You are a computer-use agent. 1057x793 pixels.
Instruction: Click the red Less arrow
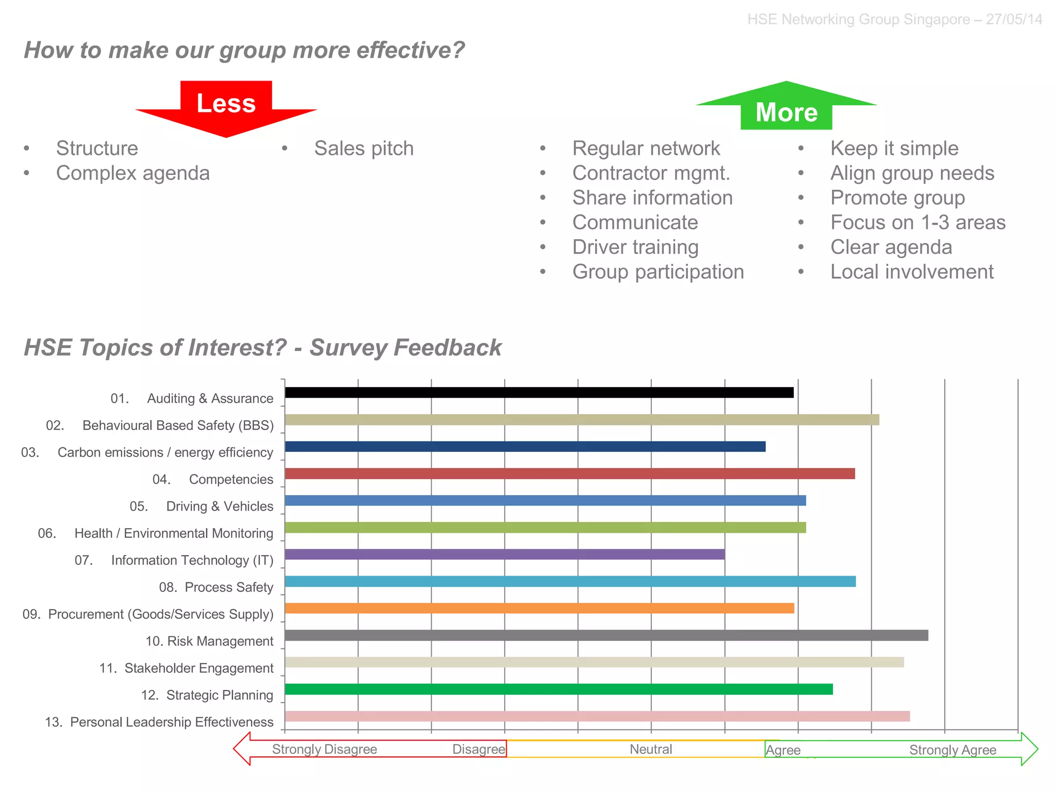coord(226,106)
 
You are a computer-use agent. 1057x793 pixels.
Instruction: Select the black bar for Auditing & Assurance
coord(539,393)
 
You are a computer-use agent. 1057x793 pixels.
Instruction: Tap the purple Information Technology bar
coord(504,554)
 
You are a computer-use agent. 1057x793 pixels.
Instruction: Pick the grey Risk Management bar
coord(606,636)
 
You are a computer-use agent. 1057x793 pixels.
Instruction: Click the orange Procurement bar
coord(539,609)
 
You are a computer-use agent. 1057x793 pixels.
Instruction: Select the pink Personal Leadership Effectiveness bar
coord(597,717)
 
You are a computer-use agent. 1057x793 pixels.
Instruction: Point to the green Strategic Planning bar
coord(558,689)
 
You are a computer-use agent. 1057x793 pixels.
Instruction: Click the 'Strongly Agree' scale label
coord(952,750)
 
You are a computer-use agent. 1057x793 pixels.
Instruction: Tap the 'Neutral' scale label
coord(650,750)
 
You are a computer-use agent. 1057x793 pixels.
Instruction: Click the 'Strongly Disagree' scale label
coord(324,750)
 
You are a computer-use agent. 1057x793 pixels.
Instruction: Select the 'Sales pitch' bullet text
coord(364,149)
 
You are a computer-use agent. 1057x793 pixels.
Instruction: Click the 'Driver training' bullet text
coord(635,247)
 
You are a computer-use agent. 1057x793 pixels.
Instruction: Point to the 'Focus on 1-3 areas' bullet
coord(918,223)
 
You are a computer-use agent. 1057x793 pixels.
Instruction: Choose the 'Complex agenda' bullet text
coord(133,173)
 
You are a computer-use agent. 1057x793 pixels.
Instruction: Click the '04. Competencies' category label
coord(213,480)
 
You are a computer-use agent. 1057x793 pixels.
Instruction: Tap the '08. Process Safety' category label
coord(216,588)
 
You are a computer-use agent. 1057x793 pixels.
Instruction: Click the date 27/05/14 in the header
coord(1014,20)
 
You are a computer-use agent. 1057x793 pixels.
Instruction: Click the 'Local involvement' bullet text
coord(911,272)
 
